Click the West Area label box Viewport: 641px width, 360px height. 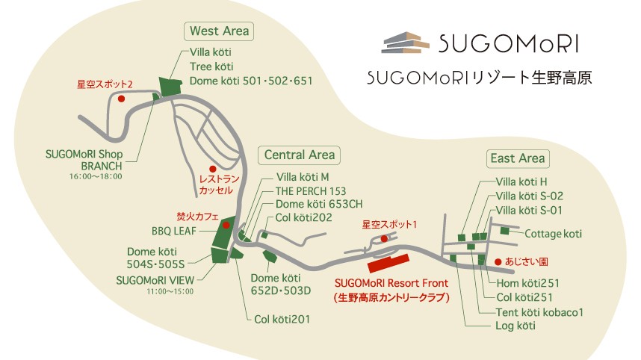[220, 31]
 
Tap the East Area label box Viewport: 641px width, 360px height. [518, 158]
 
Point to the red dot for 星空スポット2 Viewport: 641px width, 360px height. [122, 97]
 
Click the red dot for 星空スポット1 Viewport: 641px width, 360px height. [383, 238]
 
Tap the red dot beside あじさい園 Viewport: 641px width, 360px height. [498, 261]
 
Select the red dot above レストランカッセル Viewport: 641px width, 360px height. [213, 169]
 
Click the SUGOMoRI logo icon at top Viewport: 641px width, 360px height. [406, 43]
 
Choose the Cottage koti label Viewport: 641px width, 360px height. [553, 234]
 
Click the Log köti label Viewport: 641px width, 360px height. [515, 326]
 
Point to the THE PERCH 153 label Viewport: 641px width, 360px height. [311, 190]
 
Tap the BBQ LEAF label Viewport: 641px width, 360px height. [173, 232]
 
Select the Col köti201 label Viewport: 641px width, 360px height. [282, 319]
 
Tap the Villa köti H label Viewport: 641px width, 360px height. [522, 181]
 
